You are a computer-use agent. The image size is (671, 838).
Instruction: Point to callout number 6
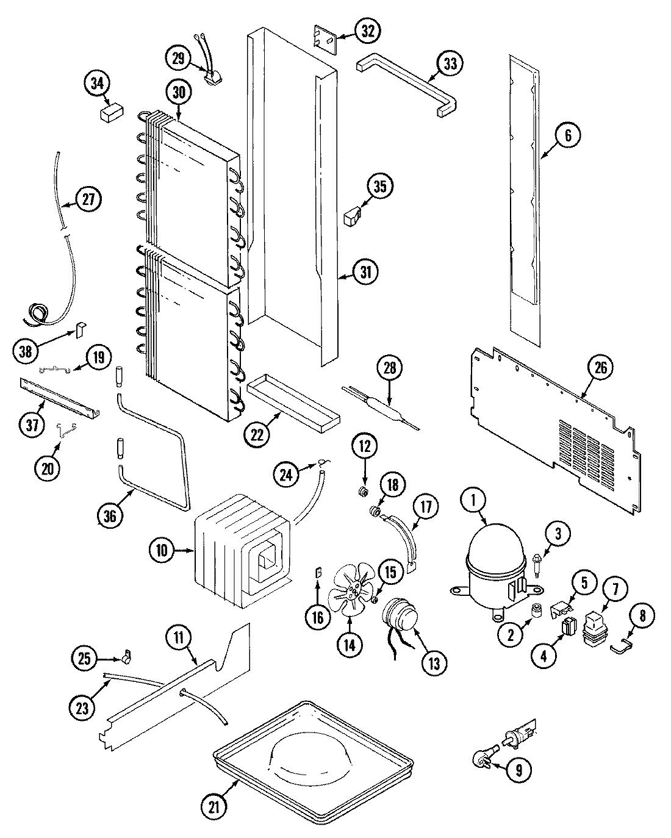pos(567,135)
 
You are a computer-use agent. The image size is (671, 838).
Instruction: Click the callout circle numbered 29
pos(178,58)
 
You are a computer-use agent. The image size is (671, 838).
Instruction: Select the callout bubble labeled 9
pos(518,770)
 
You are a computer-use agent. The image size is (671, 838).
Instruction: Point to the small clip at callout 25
pos(127,657)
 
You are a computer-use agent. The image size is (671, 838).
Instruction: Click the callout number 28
pos(389,368)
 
